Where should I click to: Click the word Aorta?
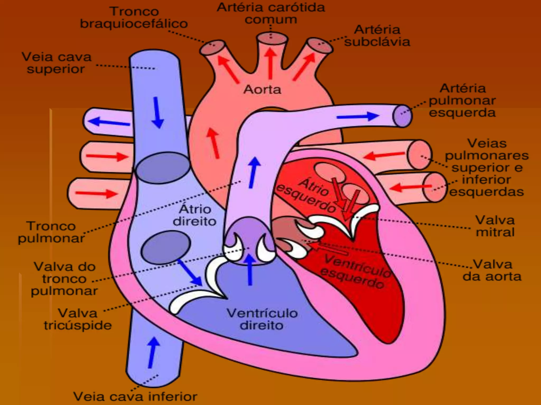[x=262, y=90]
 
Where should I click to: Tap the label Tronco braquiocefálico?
[x=134, y=18]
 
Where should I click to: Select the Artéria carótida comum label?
[x=271, y=13]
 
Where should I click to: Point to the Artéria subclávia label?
[x=377, y=36]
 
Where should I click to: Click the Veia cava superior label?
[x=56, y=63]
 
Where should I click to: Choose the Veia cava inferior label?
[x=135, y=396]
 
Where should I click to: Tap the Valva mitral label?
[x=495, y=226]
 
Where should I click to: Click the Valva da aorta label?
[x=492, y=270]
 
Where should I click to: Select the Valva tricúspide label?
[x=78, y=319]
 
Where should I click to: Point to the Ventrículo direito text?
[x=262, y=319]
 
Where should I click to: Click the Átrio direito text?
[x=195, y=215]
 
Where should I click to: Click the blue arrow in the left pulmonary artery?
[x=358, y=116]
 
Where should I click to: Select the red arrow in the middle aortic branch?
[x=270, y=63]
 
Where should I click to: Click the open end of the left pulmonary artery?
[x=402, y=116]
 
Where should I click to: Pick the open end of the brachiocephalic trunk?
[x=212, y=47]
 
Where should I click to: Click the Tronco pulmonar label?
[x=51, y=232]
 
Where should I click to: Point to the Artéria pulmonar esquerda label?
[x=462, y=100]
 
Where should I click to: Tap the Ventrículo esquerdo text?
[x=355, y=272]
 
